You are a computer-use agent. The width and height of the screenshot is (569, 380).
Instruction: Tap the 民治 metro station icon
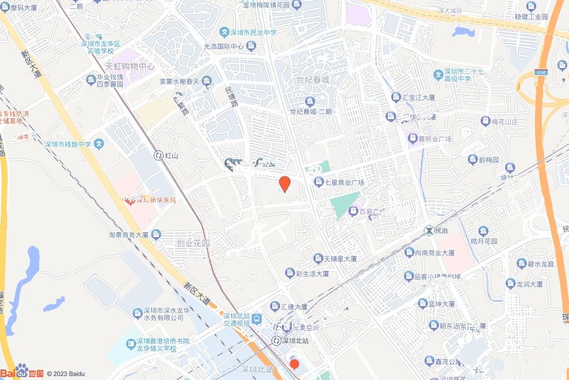pyautogui.click(x=430, y=229)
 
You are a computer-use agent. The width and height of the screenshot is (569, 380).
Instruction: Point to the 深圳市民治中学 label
pyautogui.click(x=254, y=32)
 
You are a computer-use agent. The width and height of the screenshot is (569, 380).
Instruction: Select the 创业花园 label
pyautogui.click(x=193, y=243)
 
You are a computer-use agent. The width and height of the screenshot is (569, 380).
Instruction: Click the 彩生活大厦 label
pyautogui.click(x=312, y=274)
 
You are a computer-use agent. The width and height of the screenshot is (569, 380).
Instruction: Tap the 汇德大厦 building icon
pyautogui.click(x=275, y=307)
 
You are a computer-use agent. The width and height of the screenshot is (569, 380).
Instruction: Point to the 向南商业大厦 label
pyautogui.click(x=435, y=253)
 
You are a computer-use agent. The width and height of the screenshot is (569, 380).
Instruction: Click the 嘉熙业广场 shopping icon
pyautogui.click(x=413, y=137)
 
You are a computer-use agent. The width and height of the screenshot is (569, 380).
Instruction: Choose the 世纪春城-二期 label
pyautogui.click(x=310, y=111)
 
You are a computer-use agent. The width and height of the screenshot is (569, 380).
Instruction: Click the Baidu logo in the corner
pyautogui.click(x=22, y=372)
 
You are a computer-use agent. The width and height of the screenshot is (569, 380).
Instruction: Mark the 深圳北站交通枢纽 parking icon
pyautogui.click(x=257, y=319)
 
